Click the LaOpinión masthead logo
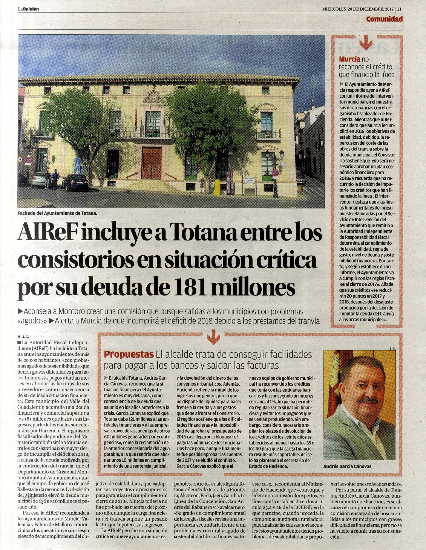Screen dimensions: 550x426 point(28,9)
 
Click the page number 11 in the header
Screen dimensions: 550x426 point(399,9)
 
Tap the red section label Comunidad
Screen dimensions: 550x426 point(384,19)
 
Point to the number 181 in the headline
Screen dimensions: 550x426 point(188,288)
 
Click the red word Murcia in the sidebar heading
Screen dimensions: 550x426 point(349,59)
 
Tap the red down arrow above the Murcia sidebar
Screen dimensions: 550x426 point(366,44)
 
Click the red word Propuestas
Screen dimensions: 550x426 point(129,354)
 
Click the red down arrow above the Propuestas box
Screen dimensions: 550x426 point(213,337)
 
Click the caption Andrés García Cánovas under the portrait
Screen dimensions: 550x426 point(347,466)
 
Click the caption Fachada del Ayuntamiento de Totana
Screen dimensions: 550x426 point(57,213)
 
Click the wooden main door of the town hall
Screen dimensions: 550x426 point(152,163)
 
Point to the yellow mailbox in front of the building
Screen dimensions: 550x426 point(217,187)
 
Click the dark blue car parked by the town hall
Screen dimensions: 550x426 point(75,182)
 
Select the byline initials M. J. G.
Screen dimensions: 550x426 point(23,336)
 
